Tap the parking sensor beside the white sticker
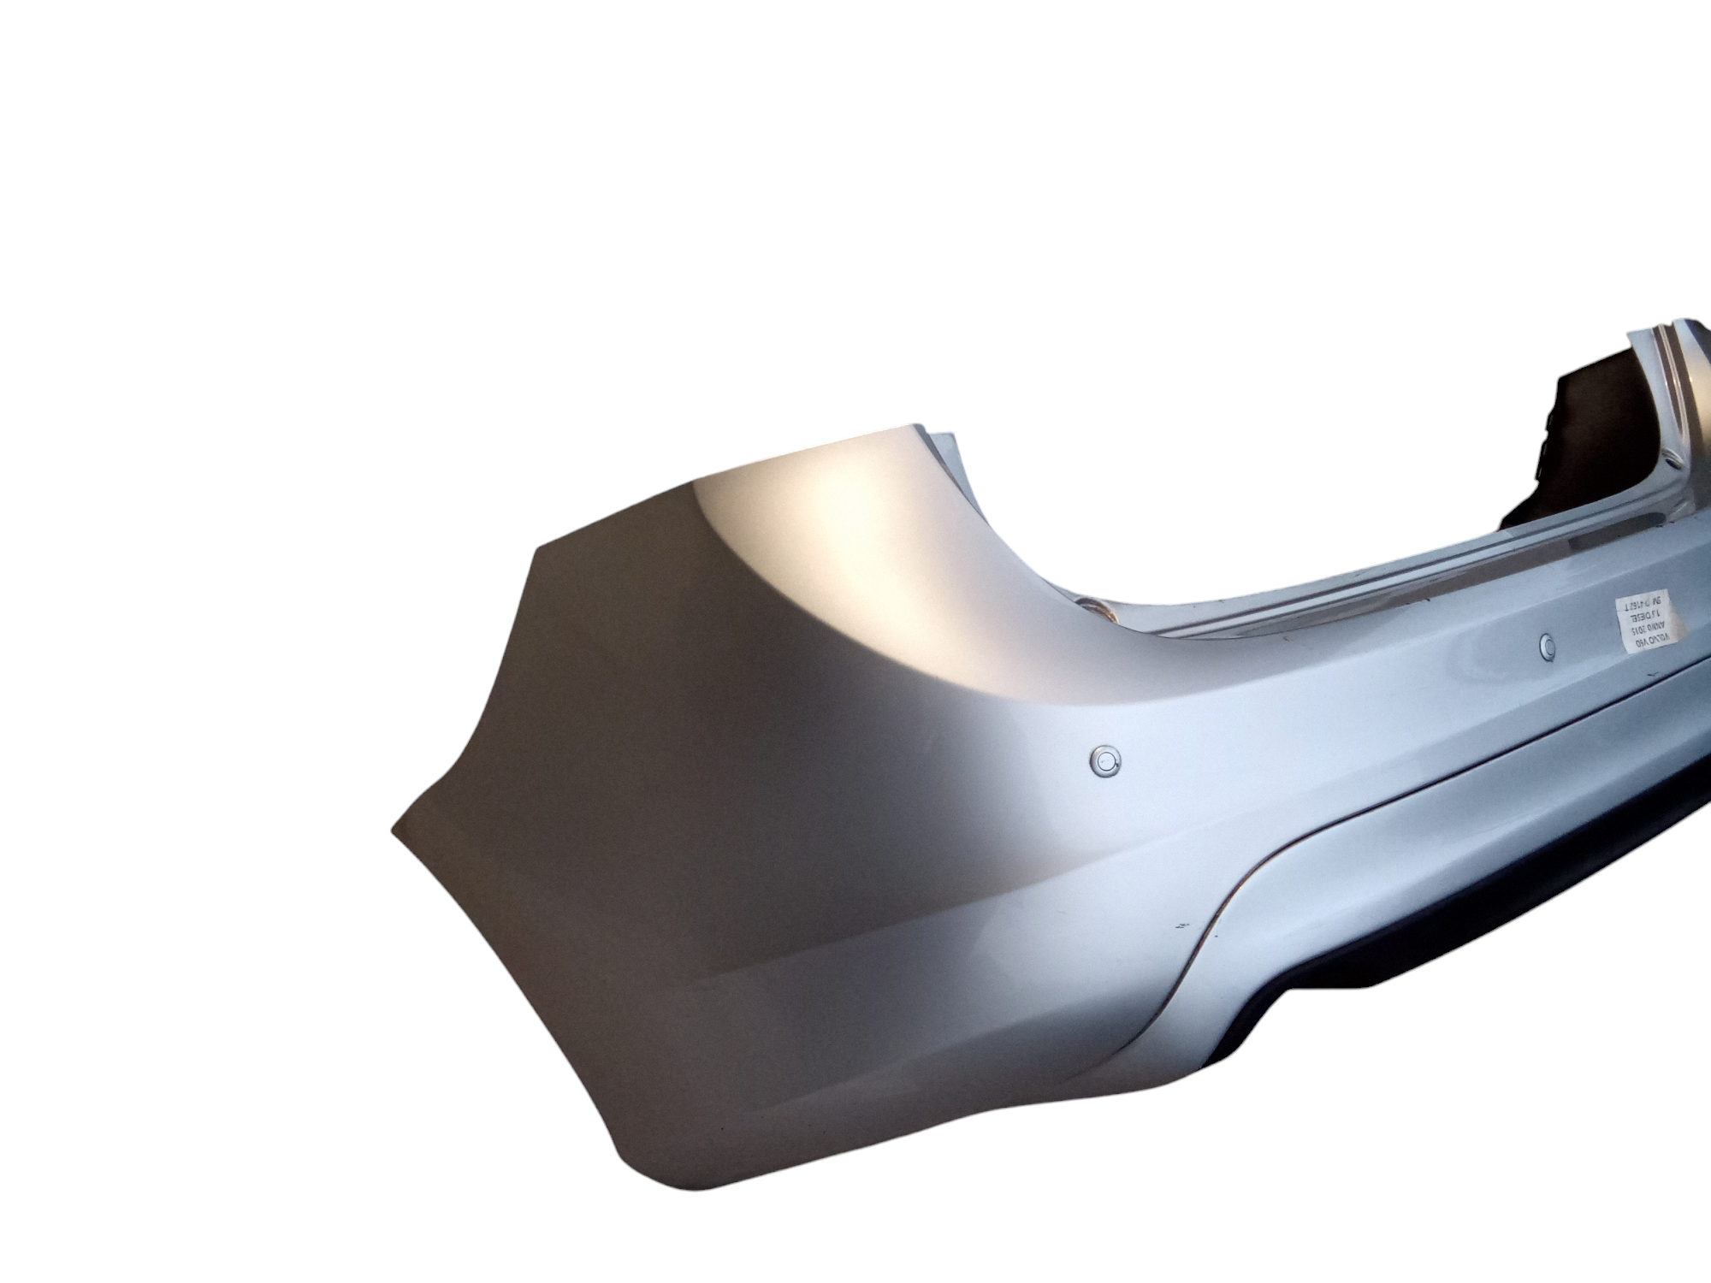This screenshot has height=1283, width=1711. [x=1546, y=641]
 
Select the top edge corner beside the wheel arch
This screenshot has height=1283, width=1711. [x=920, y=425]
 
